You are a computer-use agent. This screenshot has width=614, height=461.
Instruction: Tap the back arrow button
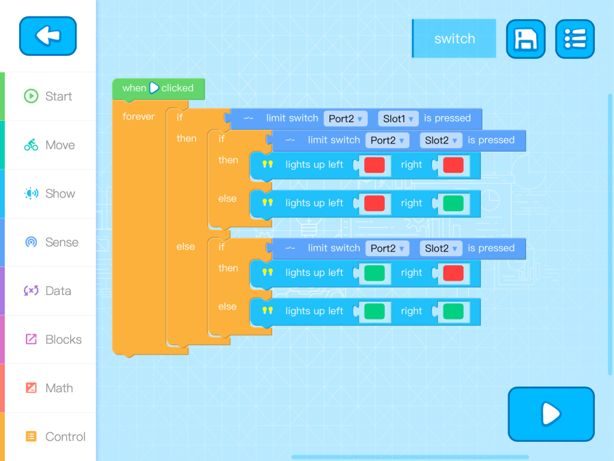click(x=48, y=36)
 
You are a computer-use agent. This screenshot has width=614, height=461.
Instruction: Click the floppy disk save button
click(x=525, y=39)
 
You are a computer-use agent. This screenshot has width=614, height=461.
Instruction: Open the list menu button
click(x=574, y=39)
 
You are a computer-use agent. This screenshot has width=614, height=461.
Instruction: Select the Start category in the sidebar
click(x=48, y=96)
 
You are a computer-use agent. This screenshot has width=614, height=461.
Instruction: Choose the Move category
click(x=48, y=145)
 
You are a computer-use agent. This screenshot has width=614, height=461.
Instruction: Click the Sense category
click(x=48, y=242)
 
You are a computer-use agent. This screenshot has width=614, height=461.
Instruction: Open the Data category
click(x=48, y=291)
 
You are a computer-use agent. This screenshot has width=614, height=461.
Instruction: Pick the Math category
click(x=48, y=388)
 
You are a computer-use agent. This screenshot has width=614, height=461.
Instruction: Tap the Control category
click(x=48, y=436)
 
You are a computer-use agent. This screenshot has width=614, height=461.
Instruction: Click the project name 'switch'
click(x=454, y=39)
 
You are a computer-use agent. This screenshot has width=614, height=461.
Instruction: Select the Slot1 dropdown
click(x=398, y=118)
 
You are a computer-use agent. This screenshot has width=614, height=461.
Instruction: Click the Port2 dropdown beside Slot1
click(x=345, y=118)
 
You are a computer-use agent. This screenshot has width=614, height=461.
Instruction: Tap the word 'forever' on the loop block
click(x=138, y=117)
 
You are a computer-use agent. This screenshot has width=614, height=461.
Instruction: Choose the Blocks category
click(x=48, y=339)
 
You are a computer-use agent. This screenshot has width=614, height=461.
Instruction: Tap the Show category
click(x=48, y=193)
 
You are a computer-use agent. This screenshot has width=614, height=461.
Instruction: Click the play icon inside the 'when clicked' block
click(x=154, y=88)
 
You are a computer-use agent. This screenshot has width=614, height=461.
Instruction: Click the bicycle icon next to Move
click(x=31, y=145)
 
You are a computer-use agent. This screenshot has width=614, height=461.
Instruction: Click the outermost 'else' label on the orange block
click(x=186, y=247)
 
